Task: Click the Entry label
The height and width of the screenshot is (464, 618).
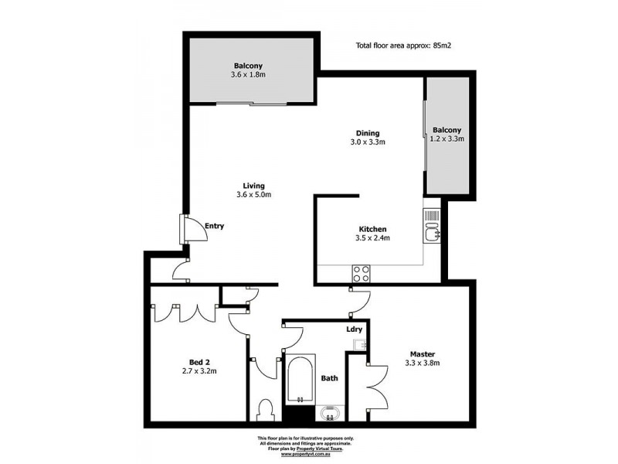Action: (x=214, y=226)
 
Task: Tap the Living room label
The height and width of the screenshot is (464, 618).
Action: (x=254, y=186)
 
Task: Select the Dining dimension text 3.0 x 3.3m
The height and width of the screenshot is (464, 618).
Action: (x=368, y=142)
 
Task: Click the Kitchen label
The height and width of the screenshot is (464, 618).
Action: (x=372, y=229)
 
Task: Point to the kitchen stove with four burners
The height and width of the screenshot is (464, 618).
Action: (x=361, y=272)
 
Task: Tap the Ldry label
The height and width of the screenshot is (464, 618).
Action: (x=355, y=330)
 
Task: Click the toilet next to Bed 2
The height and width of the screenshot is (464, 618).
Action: (x=266, y=409)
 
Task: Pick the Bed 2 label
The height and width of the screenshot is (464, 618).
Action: (x=199, y=360)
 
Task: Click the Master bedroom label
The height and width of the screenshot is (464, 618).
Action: (x=422, y=353)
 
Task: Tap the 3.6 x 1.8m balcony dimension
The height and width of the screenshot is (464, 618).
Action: (x=248, y=75)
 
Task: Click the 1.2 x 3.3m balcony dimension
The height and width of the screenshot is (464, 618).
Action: (x=448, y=139)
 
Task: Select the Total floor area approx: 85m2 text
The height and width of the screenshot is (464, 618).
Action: (x=402, y=46)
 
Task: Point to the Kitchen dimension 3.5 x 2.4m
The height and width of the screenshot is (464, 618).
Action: (x=372, y=238)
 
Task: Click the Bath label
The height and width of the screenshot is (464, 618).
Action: (x=329, y=379)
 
